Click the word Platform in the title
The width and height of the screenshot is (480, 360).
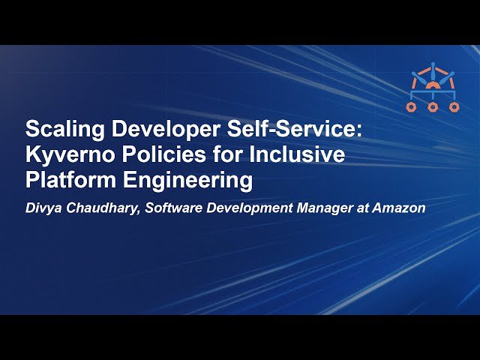point(67,181)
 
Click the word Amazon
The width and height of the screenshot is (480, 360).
point(400,208)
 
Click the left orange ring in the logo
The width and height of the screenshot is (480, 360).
point(412,107)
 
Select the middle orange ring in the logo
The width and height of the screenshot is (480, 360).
point(433,107)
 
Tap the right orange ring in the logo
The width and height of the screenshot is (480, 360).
point(454,107)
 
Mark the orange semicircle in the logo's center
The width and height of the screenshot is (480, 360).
point(433,85)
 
